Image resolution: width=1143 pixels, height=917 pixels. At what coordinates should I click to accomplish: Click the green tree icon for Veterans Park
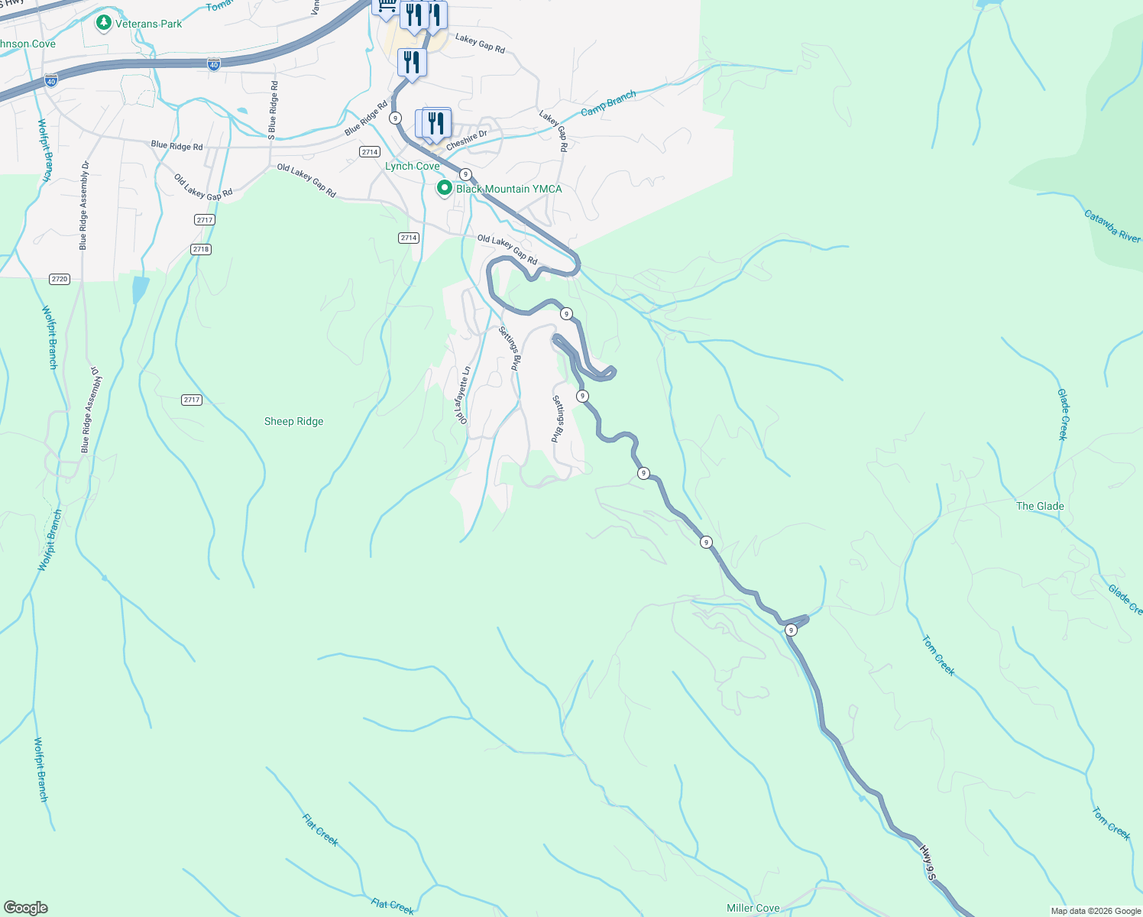click(x=104, y=23)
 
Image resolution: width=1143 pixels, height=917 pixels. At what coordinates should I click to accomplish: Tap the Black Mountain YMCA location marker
click(x=444, y=188)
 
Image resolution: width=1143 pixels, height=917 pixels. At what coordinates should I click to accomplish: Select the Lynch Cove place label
click(x=412, y=166)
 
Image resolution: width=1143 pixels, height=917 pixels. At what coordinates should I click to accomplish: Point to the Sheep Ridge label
click(x=293, y=421)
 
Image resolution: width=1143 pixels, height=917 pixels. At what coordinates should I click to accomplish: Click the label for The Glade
click(x=1039, y=506)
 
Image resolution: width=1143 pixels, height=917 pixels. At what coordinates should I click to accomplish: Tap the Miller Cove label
click(x=753, y=908)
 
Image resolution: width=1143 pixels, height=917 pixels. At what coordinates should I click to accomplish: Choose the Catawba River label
click(x=1112, y=227)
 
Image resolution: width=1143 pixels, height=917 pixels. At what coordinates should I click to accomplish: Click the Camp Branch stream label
click(x=608, y=104)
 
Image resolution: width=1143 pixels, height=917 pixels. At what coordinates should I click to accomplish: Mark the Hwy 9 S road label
click(x=928, y=862)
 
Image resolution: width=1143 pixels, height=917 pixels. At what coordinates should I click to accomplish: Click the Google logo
click(x=26, y=908)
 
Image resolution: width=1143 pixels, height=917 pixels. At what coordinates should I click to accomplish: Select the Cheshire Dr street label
click(x=466, y=140)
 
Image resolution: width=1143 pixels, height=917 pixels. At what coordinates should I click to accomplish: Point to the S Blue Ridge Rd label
click(x=273, y=109)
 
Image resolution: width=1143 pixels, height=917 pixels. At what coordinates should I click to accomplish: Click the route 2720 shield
click(x=60, y=279)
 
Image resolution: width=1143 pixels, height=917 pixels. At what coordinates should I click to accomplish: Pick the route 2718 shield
click(x=201, y=249)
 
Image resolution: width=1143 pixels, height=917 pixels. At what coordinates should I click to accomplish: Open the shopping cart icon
click(x=386, y=6)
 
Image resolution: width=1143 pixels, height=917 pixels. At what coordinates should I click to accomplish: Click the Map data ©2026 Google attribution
click(x=1096, y=911)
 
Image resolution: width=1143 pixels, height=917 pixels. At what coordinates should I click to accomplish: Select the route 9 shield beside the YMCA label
click(x=465, y=174)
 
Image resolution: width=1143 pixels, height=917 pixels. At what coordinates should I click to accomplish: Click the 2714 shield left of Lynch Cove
click(x=370, y=152)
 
